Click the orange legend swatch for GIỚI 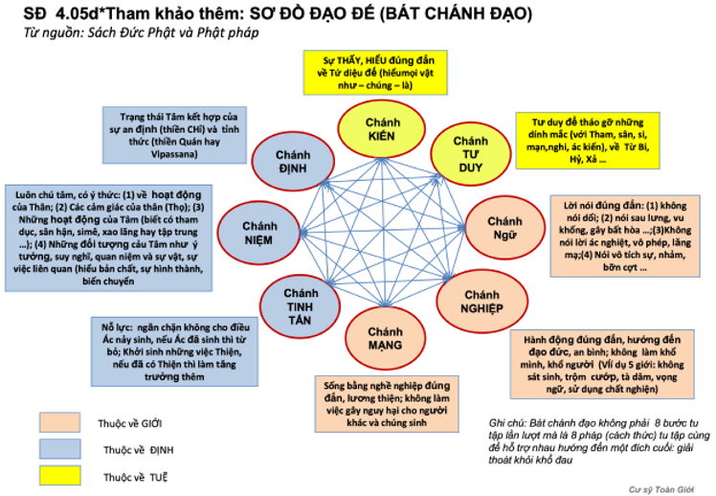pos(58,421)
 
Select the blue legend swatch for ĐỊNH pos(58,447)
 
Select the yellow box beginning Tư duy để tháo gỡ pos(578,140)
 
